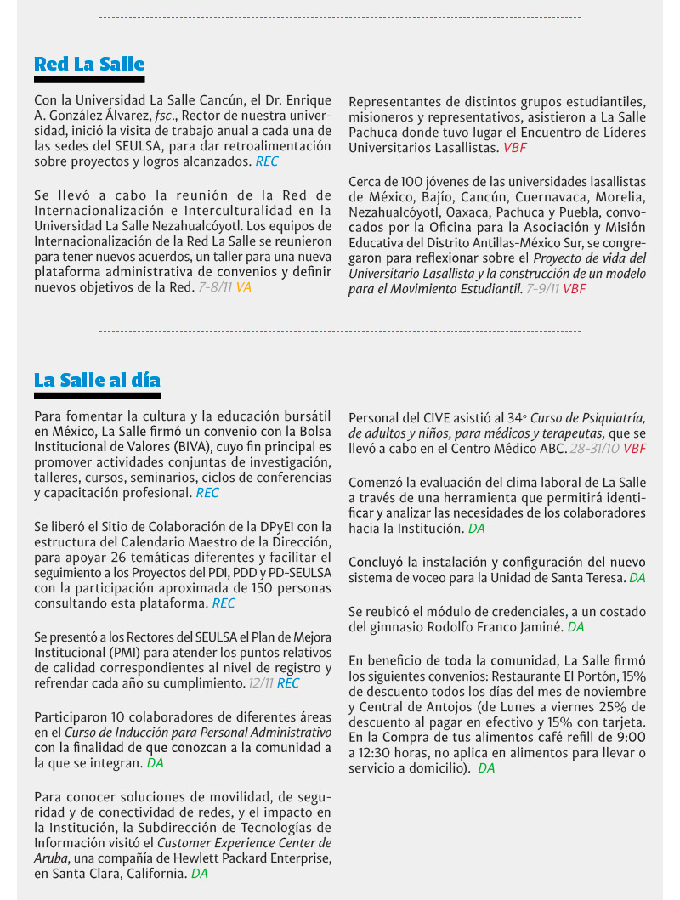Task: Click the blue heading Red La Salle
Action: tap(89, 64)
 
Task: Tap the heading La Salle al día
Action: tap(97, 379)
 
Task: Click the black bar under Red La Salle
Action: tap(89, 79)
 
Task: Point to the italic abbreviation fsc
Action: tap(166, 116)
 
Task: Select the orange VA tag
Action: tap(244, 287)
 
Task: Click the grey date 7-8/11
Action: tap(215, 287)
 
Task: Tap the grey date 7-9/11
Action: tap(542, 289)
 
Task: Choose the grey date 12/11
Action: tap(260, 682)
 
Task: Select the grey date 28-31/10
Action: tap(594, 448)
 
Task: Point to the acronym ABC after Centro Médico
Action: tap(552, 448)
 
